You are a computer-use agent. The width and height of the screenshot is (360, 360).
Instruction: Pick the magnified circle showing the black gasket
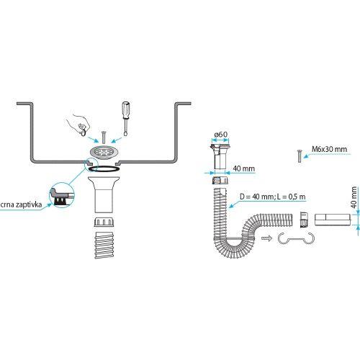(61, 194)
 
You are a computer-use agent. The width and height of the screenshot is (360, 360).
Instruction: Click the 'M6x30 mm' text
(329, 150)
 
